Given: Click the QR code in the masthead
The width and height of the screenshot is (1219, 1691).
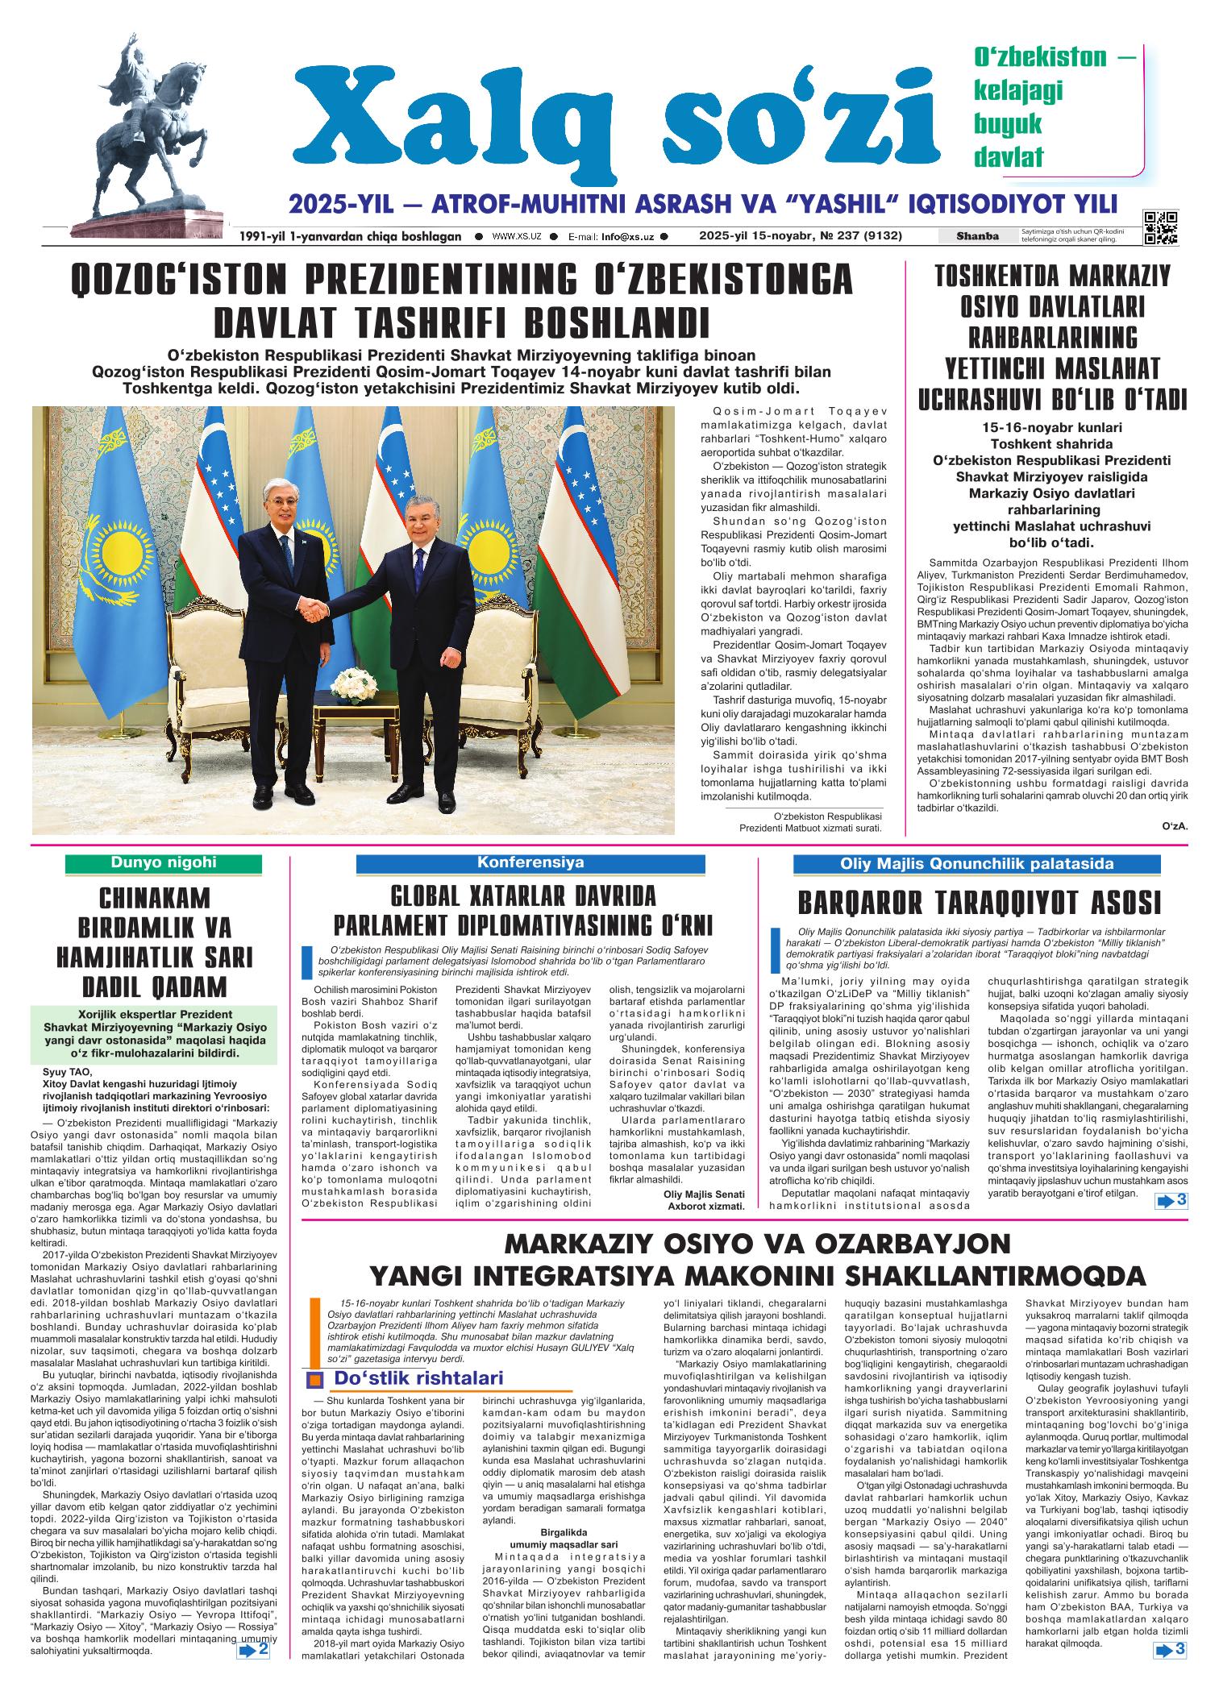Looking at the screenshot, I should click(x=1160, y=227).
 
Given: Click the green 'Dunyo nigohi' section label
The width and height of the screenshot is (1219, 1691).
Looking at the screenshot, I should click(x=164, y=862).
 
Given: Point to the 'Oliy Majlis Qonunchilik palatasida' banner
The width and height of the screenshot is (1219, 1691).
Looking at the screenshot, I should click(x=976, y=864).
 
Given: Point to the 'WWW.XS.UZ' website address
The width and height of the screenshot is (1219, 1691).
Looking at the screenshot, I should click(x=516, y=237).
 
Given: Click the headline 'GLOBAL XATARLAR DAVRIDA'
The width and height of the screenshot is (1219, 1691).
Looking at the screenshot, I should click(x=523, y=895).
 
